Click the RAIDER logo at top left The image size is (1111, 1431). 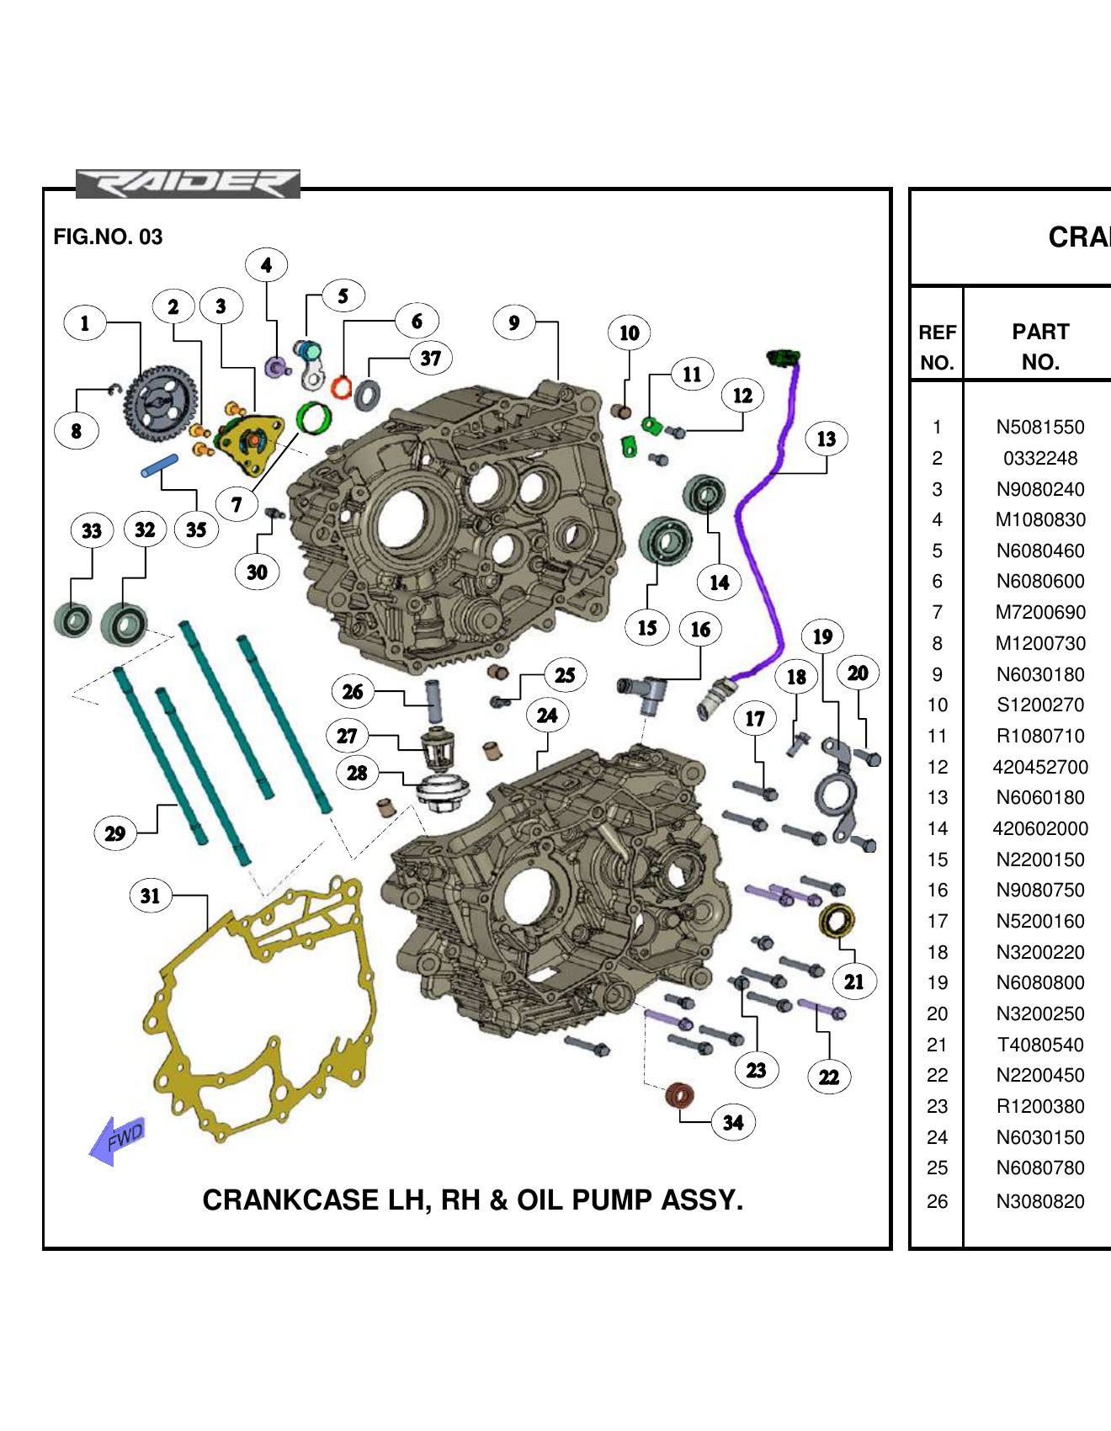[x=188, y=184]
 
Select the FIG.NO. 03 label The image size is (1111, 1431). [x=108, y=237]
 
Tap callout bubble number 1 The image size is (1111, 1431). [x=85, y=323]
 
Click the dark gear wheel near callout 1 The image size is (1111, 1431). [x=162, y=402]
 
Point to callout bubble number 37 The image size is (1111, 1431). [x=431, y=359]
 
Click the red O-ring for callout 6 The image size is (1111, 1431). [x=341, y=387]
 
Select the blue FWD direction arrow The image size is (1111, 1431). [x=118, y=1141]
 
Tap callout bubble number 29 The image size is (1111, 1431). [x=115, y=833]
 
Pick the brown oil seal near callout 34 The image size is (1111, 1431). [x=679, y=1095]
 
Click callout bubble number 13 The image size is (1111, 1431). [x=827, y=439]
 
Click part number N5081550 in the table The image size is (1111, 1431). [x=1040, y=427]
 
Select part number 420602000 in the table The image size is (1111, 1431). [x=1040, y=828]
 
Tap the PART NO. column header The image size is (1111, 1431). [x=1040, y=346]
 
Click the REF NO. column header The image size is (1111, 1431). [x=937, y=346]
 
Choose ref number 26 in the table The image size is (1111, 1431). [x=937, y=1201]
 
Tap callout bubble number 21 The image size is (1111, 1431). [x=854, y=981]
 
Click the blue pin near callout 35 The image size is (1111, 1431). [x=160, y=465]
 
